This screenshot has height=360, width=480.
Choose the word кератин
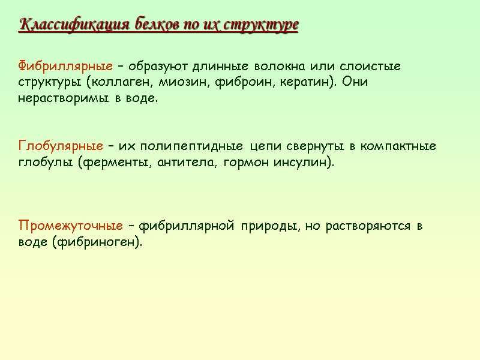coord(305,82)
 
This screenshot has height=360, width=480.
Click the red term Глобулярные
coord(61,146)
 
